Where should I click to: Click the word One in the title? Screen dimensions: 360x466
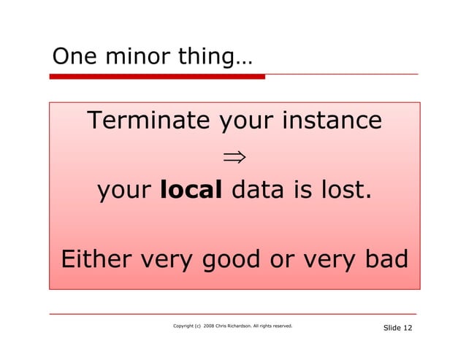(x=71, y=56)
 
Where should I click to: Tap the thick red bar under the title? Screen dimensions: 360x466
(x=157, y=76)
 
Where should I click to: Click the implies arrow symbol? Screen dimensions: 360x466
(x=234, y=156)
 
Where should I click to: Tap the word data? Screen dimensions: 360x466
(x=256, y=191)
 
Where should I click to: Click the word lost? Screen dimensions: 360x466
(x=345, y=191)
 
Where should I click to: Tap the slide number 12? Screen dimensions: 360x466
(x=407, y=328)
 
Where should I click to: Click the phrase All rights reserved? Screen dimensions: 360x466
(x=281, y=326)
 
